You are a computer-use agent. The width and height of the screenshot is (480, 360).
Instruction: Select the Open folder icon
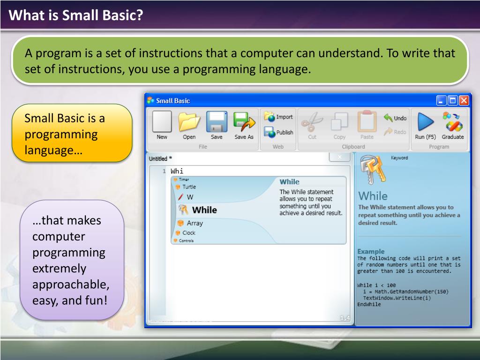[189, 122]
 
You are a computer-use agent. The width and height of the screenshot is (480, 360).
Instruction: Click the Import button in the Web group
[278, 117]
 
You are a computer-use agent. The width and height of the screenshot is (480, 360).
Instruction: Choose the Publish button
[278, 132]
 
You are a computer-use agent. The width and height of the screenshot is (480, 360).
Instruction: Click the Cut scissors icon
[312, 121]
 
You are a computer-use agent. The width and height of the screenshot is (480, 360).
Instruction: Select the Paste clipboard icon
[367, 121]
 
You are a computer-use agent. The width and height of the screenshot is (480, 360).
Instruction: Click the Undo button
[395, 118]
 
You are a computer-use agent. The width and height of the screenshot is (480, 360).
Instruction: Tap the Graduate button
[453, 126]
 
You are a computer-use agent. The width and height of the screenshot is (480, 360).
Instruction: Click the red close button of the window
[464, 100]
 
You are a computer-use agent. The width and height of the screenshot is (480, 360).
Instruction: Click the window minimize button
[441, 100]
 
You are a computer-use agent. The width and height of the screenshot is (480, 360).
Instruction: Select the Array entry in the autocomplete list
[190, 223]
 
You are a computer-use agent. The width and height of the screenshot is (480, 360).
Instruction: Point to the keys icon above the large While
[373, 170]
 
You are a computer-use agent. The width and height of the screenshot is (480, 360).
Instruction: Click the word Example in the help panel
[371, 251]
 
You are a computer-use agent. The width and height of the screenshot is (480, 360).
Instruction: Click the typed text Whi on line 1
[177, 171]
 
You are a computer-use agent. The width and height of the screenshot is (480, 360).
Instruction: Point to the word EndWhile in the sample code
[369, 304]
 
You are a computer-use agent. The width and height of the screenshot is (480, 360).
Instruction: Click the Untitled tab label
[158, 158]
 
